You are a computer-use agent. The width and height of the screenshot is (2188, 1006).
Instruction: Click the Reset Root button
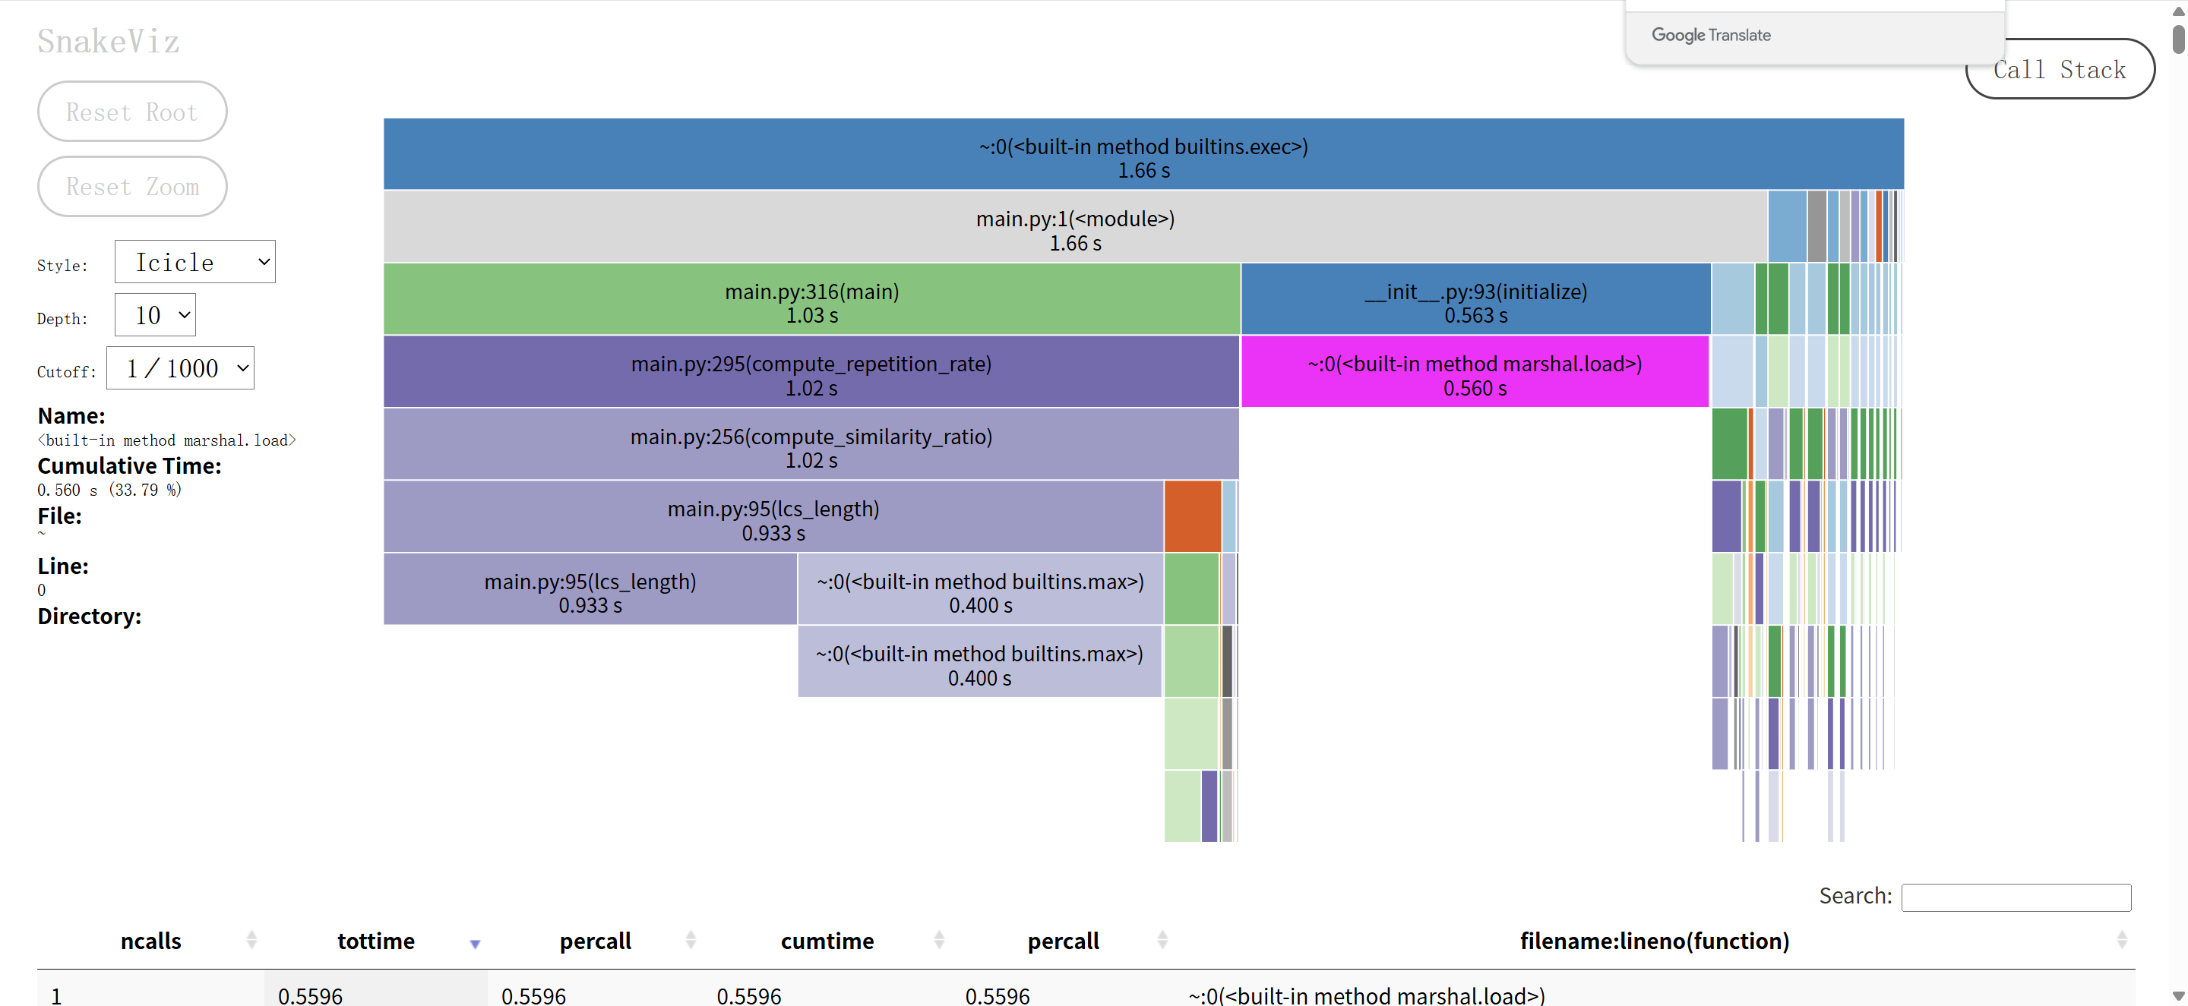(x=131, y=112)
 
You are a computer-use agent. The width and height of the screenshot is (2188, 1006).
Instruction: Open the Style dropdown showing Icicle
(x=194, y=263)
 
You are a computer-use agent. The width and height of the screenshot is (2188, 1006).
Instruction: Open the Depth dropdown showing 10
(x=154, y=316)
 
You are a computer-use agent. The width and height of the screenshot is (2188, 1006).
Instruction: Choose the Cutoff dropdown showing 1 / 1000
(x=180, y=368)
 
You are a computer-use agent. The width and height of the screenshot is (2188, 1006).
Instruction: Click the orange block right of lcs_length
(x=1193, y=516)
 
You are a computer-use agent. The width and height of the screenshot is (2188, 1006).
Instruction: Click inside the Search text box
(x=2016, y=897)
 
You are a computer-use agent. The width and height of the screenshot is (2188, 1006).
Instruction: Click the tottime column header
(x=375, y=941)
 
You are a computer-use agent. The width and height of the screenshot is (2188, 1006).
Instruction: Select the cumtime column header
(x=827, y=941)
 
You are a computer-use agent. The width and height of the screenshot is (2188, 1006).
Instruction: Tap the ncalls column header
(x=151, y=941)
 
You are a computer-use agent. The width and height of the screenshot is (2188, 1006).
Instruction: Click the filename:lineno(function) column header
(x=1654, y=941)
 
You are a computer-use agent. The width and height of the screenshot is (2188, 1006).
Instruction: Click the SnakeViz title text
(x=109, y=42)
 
